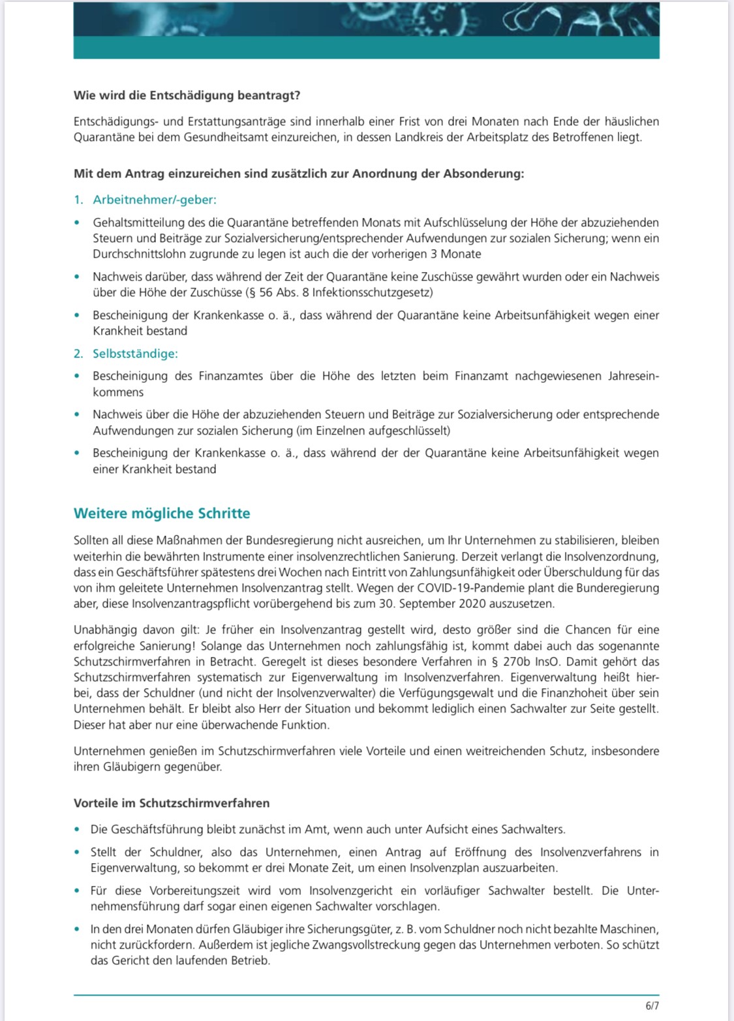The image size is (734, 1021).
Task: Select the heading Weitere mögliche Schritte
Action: click(162, 513)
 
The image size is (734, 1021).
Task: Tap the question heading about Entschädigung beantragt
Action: click(187, 95)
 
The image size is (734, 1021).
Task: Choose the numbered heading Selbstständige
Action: click(134, 354)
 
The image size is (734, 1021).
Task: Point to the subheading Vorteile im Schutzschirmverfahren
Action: click(171, 803)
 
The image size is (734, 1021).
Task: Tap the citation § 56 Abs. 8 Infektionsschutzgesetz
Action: click(338, 292)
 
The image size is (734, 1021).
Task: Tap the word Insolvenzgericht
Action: click(351, 891)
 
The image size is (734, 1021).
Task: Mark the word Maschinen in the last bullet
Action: click(631, 929)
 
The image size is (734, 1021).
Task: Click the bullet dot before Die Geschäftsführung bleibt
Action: click(78, 830)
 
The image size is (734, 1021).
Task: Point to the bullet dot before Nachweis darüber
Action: click(78, 277)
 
